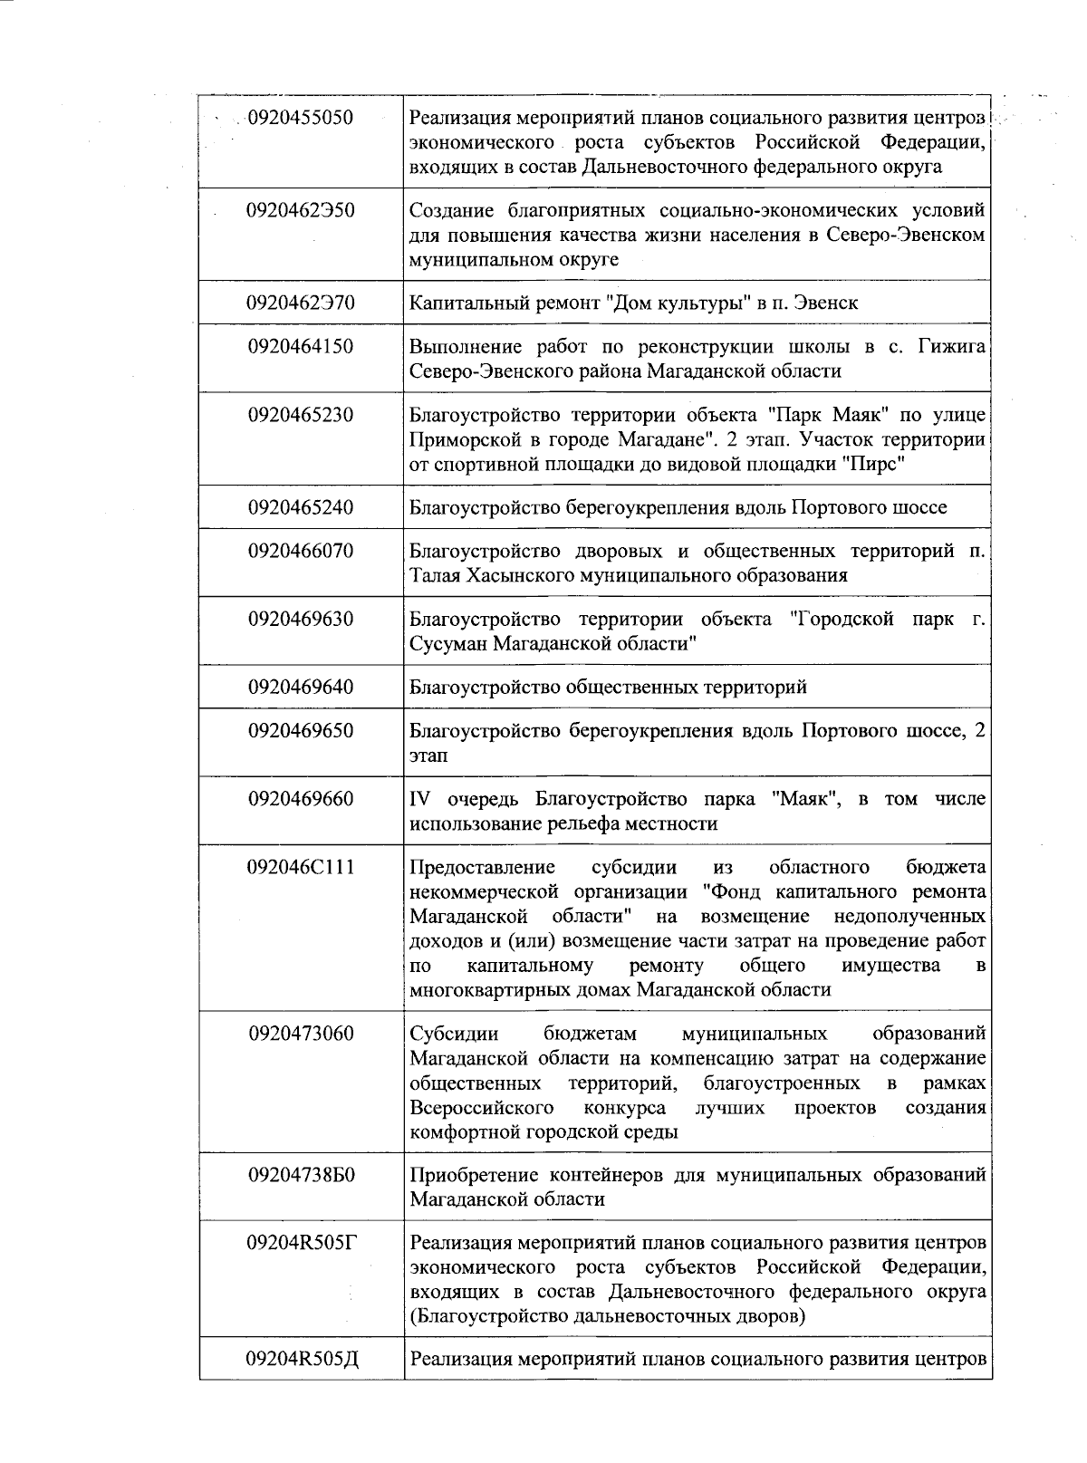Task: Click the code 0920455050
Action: pos(300,118)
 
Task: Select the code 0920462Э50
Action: pos(301,210)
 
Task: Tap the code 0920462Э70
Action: pos(301,303)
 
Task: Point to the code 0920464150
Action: pos(301,346)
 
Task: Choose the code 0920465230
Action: pos(301,415)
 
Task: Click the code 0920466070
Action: pos(301,551)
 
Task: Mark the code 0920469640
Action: pos(301,687)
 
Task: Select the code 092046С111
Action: pos(301,867)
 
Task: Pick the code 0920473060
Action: pos(301,1034)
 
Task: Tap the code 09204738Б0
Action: pos(301,1175)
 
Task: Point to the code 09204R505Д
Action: pos(301,1359)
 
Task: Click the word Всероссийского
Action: pos(482,1108)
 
